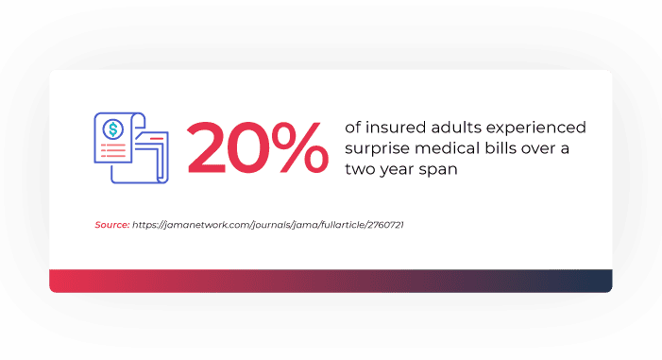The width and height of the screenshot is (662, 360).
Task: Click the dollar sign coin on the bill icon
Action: coord(113,128)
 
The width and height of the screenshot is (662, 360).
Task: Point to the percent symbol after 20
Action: coord(301,148)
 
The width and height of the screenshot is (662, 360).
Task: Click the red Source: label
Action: coord(111,225)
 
